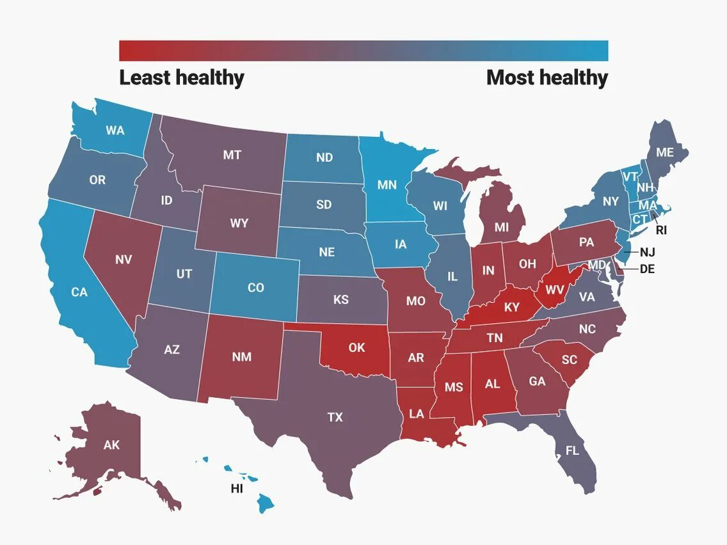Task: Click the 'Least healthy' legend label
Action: click(x=182, y=78)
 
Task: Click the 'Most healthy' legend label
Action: click(x=547, y=78)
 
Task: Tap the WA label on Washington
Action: click(x=115, y=130)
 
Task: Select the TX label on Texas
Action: click(x=335, y=417)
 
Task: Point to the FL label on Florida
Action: click(x=571, y=450)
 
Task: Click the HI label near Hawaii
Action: click(x=237, y=489)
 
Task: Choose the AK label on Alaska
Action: click(x=111, y=445)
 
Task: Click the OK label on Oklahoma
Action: click(x=356, y=347)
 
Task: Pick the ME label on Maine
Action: click(x=665, y=152)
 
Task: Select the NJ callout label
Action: click(x=647, y=252)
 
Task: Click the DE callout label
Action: click(x=647, y=269)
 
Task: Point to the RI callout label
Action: click(x=661, y=230)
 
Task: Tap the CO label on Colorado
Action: click(x=255, y=288)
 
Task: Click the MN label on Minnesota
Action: click(x=387, y=186)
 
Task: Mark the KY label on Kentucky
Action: click(x=511, y=308)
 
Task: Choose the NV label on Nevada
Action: click(x=124, y=260)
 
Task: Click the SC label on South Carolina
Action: click(x=569, y=360)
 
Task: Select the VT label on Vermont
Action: click(x=630, y=175)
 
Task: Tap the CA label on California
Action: click(x=79, y=292)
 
